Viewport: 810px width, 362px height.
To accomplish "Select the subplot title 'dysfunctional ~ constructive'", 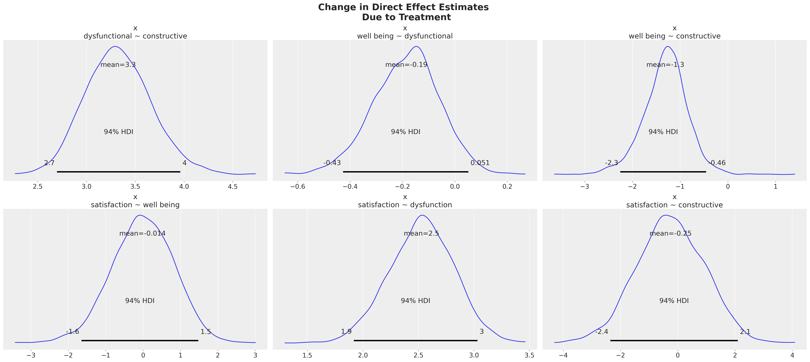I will tap(135, 36).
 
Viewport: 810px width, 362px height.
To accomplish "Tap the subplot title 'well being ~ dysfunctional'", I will tap(405, 36).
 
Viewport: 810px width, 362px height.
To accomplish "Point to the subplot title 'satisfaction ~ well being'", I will tap(135, 205).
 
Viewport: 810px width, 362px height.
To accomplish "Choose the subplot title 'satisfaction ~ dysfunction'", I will tap(405, 205).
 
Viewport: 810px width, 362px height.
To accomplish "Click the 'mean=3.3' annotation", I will tap(118, 65).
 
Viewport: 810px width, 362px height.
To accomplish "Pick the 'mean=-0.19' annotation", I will tap(406, 65).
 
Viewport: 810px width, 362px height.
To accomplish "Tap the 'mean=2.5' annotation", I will tap(421, 234).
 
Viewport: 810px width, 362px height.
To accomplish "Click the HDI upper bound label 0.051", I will tap(480, 163).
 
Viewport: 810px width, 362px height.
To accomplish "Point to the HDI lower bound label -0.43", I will tap(332, 163).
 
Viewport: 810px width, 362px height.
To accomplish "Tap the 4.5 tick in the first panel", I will tap(233, 186).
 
